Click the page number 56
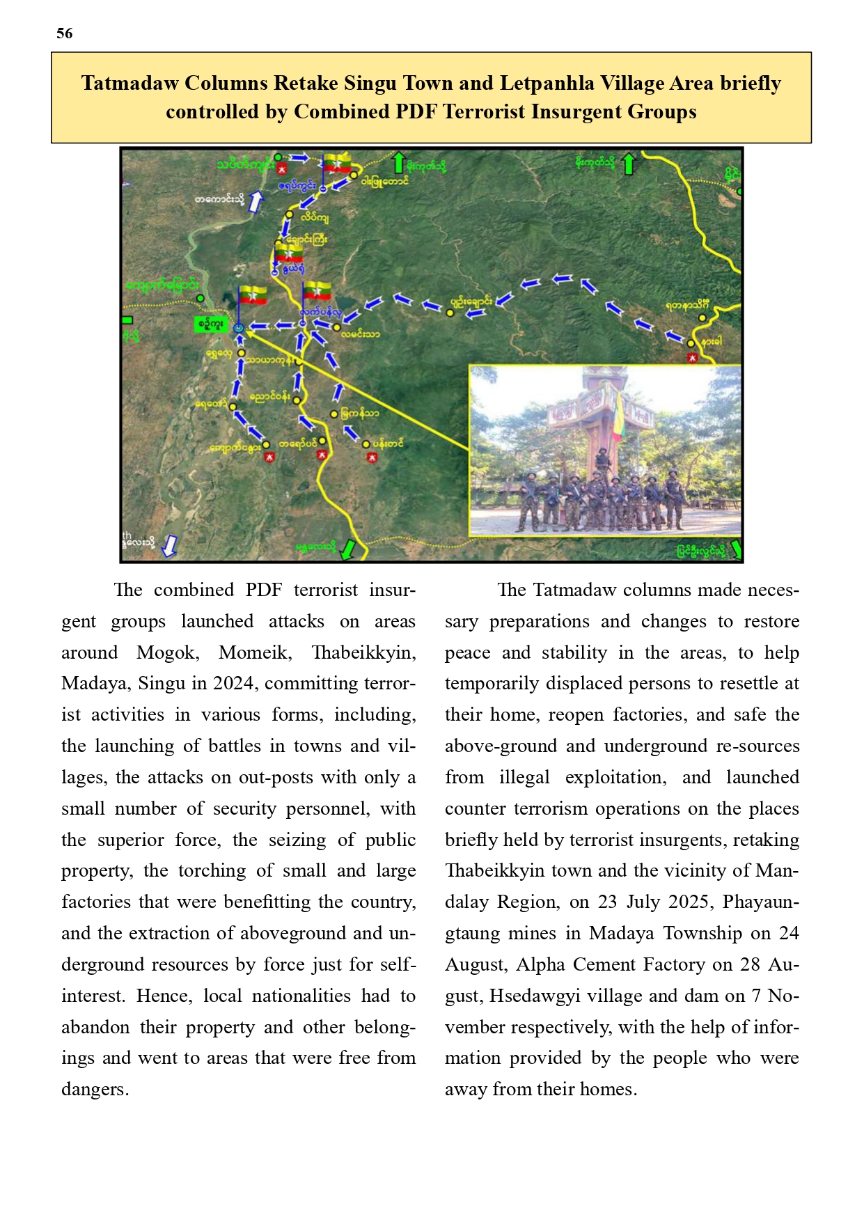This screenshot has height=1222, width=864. pyautogui.click(x=65, y=33)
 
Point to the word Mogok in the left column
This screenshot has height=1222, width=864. pyautogui.click(x=167, y=652)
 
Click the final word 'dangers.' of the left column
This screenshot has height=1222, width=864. pyautogui.click(x=95, y=1089)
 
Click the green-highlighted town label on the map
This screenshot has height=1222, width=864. pyautogui.click(x=210, y=324)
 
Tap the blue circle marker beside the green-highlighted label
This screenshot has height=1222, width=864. pyautogui.click(x=239, y=327)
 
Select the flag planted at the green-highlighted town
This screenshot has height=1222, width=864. pyautogui.click(x=253, y=295)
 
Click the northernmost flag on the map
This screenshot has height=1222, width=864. pyautogui.click(x=338, y=164)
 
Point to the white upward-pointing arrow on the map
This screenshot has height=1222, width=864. pyautogui.click(x=256, y=201)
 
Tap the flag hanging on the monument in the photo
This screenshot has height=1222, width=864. pyautogui.click(x=617, y=418)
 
